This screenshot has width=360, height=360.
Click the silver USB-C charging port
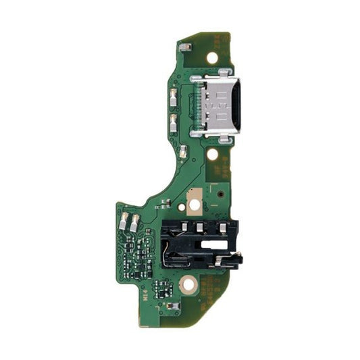[x=218, y=107]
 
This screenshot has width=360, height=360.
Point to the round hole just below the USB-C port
[x=212, y=155]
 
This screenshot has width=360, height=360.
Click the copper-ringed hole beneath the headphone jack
[x=189, y=286]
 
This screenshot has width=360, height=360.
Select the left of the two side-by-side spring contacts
[x=124, y=220]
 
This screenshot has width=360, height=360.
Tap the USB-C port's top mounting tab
[x=197, y=80]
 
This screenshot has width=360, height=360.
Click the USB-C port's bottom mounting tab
[x=197, y=134]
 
